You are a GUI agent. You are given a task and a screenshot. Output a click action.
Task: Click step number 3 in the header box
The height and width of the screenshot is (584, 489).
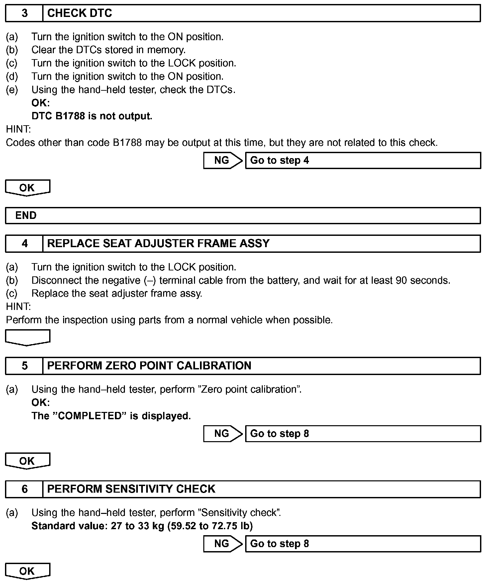(x=25, y=13)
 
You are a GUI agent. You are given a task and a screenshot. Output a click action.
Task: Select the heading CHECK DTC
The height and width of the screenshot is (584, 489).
(x=80, y=13)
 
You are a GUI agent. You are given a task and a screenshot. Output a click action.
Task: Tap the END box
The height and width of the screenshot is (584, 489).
(x=26, y=216)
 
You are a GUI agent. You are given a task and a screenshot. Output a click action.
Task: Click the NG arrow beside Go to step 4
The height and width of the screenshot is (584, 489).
(x=223, y=160)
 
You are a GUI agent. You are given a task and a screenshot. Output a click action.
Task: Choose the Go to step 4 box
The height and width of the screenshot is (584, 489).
(x=363, y=160)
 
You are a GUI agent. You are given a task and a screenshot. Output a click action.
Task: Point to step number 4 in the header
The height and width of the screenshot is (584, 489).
(x=25, y=243)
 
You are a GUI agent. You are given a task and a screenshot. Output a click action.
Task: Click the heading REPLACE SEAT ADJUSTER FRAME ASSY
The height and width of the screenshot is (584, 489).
(x=158, y=243)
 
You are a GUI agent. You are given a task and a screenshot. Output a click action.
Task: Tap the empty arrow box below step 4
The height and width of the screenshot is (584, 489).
(x=28, y=337)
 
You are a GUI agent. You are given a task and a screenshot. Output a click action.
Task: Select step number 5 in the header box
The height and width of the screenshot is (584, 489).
(x=25, y=366)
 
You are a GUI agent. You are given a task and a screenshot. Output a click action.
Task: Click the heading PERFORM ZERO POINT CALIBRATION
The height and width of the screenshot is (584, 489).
(x=149, y=366)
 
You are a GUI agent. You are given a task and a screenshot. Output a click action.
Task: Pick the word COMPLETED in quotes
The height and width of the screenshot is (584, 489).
(x=91, y=416)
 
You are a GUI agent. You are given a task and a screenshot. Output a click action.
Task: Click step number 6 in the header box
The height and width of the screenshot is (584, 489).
(x=25, y=489)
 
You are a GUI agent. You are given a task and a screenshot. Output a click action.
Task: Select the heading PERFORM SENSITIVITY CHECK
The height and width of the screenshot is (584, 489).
(x=131, y=489)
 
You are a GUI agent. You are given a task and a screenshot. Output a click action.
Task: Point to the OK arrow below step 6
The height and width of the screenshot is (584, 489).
(x=28, y=571)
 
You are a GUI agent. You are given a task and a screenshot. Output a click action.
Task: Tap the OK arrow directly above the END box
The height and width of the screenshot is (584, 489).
(x=28, y=188)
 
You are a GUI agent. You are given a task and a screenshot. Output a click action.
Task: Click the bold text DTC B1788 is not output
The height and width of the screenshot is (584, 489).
(x=92, y=116)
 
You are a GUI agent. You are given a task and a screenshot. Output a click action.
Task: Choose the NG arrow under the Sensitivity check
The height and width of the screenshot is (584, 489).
(x=223, y=543)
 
